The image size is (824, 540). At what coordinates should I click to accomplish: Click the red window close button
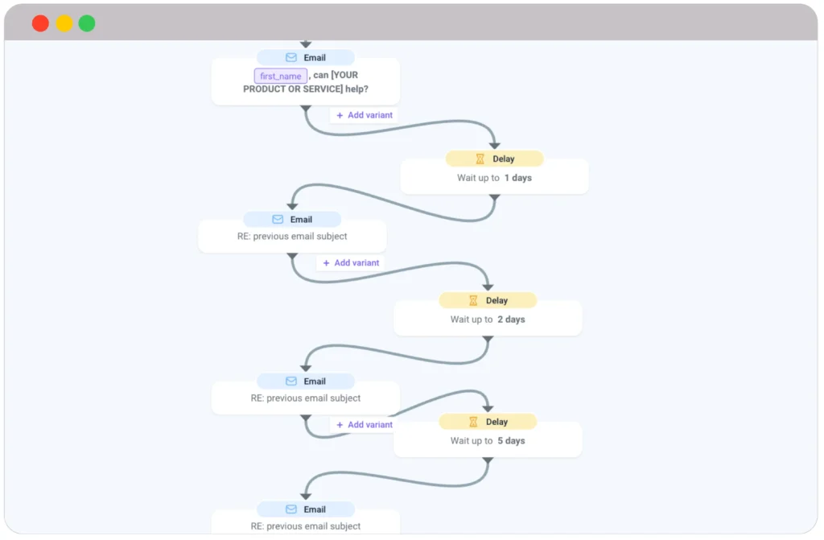click(40, 23)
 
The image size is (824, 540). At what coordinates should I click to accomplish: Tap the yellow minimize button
click(64, 23)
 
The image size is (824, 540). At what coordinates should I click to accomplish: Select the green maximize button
click(87, 23)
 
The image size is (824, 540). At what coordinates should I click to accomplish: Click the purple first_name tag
click(280, 76)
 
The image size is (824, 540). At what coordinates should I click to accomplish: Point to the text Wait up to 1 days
click(494, 178)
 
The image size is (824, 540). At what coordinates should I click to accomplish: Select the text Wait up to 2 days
click(488, 319)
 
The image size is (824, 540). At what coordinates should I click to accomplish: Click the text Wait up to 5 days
click(488, 441)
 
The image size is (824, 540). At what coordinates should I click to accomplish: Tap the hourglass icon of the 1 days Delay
click(480, 159)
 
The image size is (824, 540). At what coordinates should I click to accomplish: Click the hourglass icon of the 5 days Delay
click(473, 422)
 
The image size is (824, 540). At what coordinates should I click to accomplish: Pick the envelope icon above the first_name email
click(291, 58)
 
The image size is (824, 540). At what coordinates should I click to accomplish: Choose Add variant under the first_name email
click(365, 115)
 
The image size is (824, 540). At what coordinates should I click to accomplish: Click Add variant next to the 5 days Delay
click(365, 425)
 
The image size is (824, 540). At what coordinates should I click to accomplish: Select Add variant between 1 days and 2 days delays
click(351, 263)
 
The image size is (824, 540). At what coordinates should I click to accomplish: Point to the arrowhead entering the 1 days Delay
click(494, 145)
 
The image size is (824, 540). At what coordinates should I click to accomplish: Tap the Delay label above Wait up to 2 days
click(496, 300)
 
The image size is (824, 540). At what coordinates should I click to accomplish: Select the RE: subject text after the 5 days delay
click(306, 526)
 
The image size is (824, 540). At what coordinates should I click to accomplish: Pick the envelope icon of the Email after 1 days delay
click(278, 220)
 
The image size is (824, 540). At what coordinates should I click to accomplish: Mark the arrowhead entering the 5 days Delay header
click(488, 408)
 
